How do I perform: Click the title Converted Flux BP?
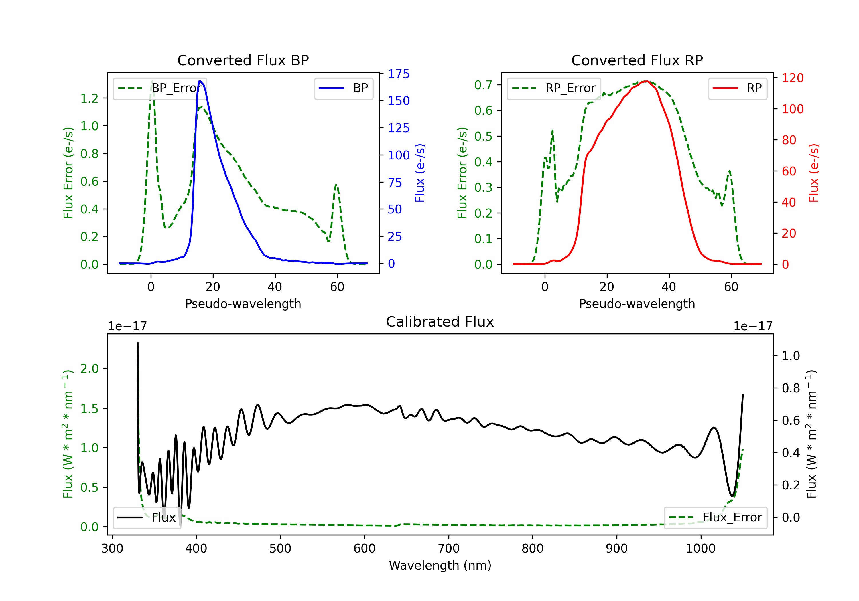(x=243, y=60)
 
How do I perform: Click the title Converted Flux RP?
(x=637, y=60)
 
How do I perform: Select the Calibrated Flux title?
(x=440, y=322)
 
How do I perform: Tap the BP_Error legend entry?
(x=160, y=88)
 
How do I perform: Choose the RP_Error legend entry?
(x=554, y=88)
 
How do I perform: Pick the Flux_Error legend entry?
(x=715, y=518)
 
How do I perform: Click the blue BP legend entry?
(x=343, y=88)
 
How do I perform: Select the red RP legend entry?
(x=737, y=88)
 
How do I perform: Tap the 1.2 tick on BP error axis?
(x=89, y=98)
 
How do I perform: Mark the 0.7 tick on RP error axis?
(x=483, y=85)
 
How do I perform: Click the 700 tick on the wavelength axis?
(x=449, y=549)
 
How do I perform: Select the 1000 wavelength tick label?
(x=701, y=549)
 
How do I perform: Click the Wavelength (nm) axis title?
(x=440, y=566)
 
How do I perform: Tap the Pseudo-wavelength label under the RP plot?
(x=637, y=304)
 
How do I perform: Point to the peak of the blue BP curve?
(x=200, y=81)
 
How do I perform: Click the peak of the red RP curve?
(x=645, y=81)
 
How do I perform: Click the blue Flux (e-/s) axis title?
(x=420, y=173)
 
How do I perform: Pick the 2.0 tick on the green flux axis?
(x=89, y=369)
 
